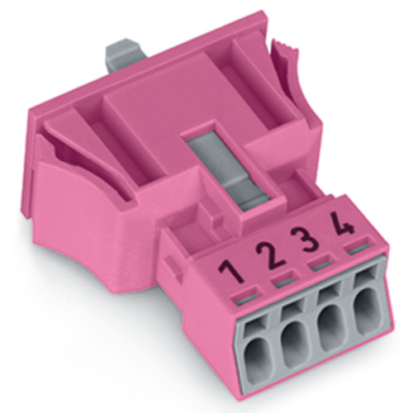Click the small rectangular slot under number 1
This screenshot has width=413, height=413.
[x=241, y=293]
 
